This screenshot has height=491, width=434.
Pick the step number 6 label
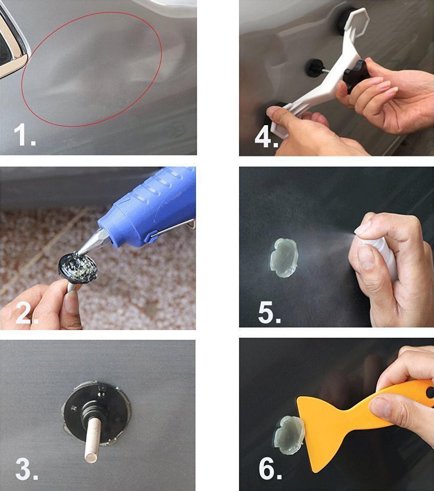coord(270,468)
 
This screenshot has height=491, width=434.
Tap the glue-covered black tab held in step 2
coord(78,268)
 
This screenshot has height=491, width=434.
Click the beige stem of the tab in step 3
coord(93,439)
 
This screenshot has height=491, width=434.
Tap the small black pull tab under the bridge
coord(315,67)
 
